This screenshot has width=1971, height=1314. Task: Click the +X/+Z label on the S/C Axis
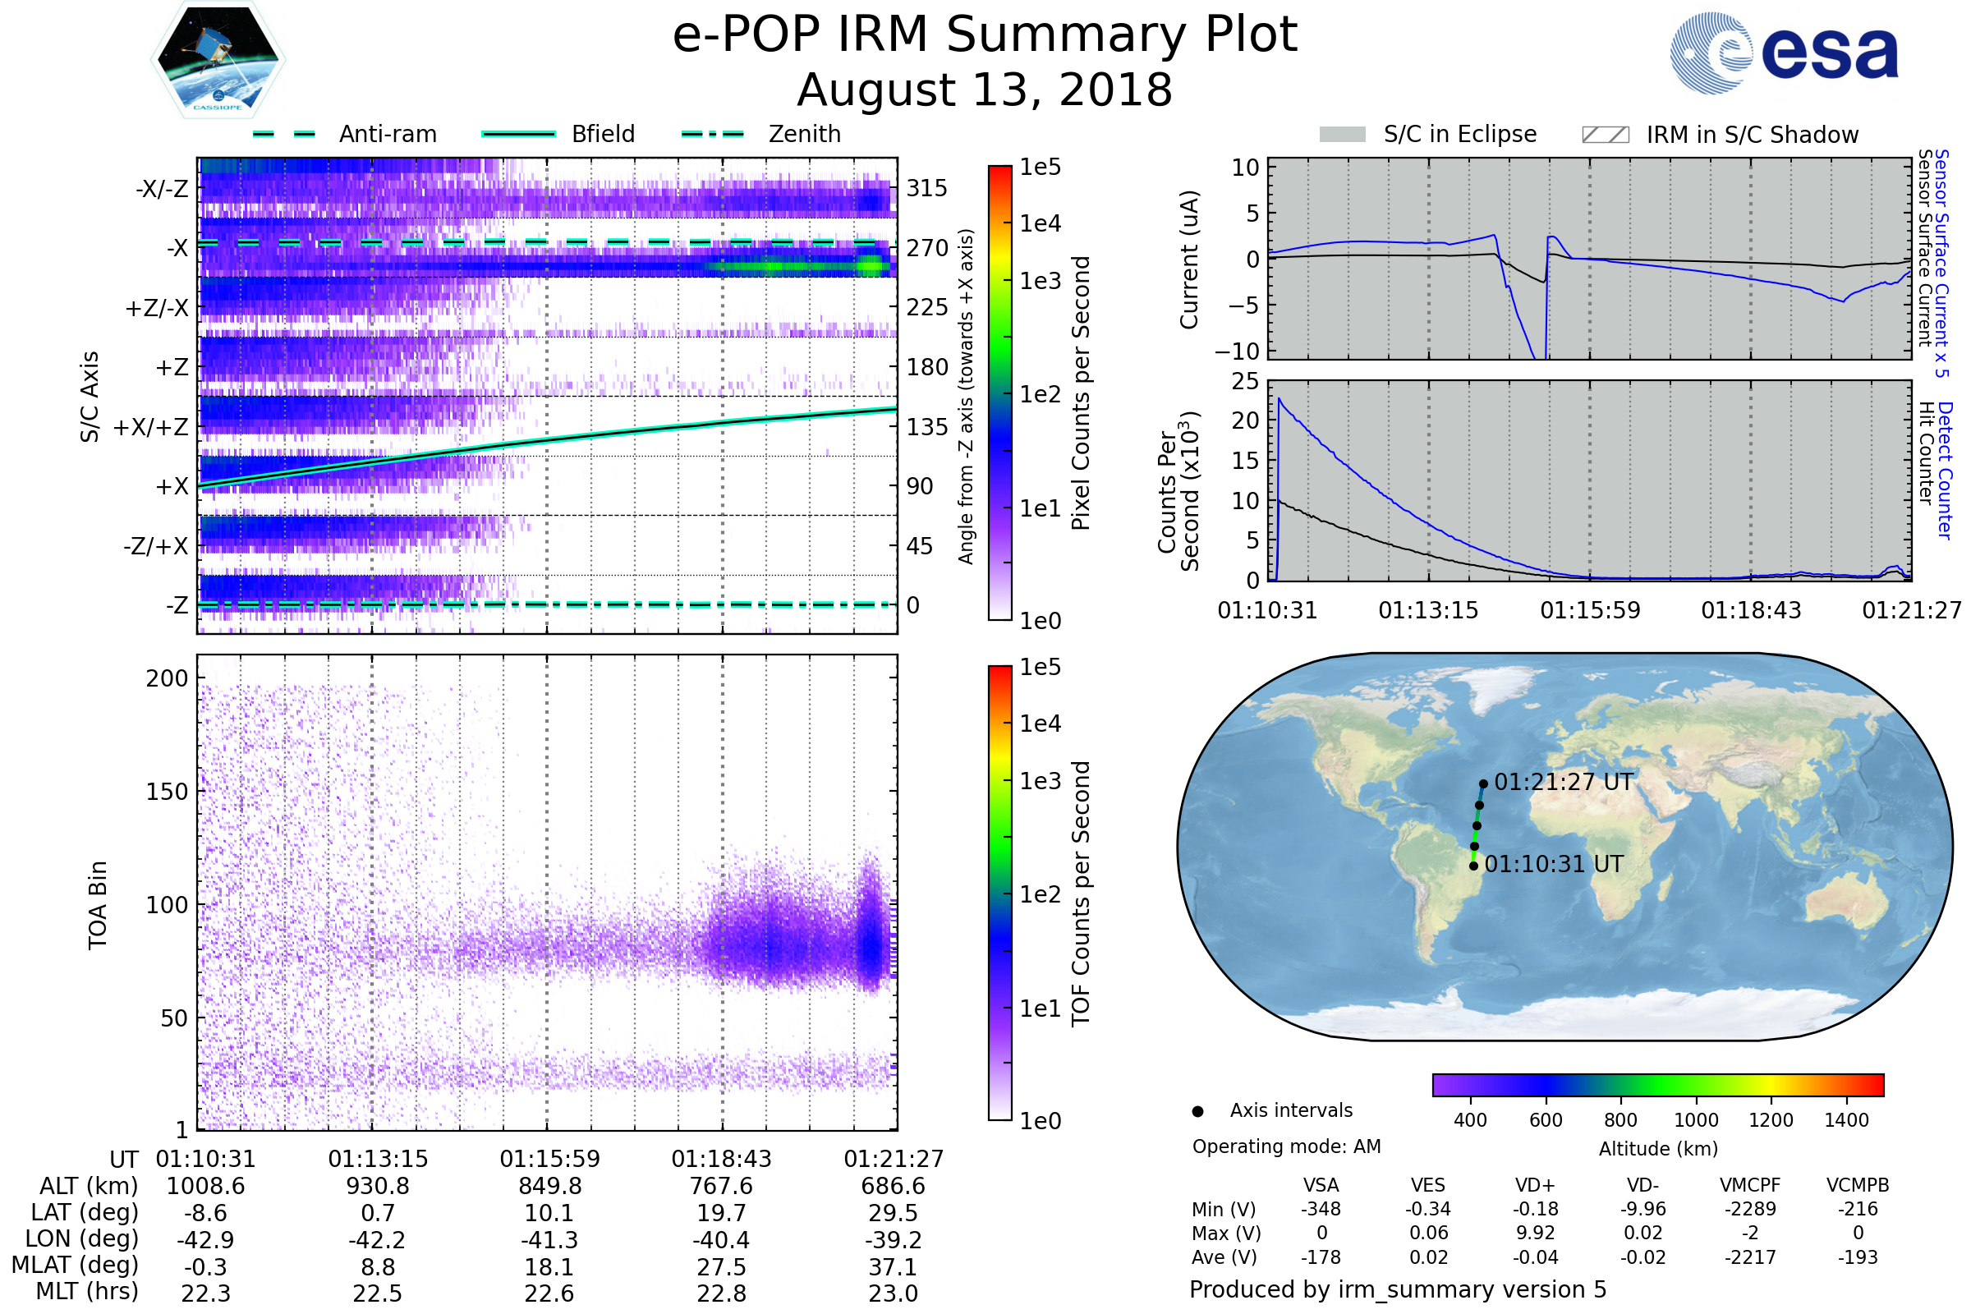[151, 427]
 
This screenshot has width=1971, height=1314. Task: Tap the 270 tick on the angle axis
[927, 248]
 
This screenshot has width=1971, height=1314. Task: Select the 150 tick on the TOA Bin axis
[167, 792]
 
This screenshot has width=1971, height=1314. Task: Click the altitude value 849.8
[549, 1187]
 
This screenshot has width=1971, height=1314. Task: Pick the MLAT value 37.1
[894, 1267]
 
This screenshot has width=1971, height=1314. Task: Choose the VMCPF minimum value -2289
[1750, 1209]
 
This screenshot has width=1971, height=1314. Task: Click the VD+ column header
[1535, 1185]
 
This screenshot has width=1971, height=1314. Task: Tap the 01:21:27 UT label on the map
[1564, 782]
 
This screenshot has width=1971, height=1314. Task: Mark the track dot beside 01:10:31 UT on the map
[1474, 866]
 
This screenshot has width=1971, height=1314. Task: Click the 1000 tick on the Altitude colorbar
[1696, 1120]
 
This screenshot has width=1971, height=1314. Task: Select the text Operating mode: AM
[1286, 1146]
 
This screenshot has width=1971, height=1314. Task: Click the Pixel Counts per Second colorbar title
[1081, 393]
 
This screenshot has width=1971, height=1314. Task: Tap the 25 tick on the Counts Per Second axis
[1245, 382]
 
